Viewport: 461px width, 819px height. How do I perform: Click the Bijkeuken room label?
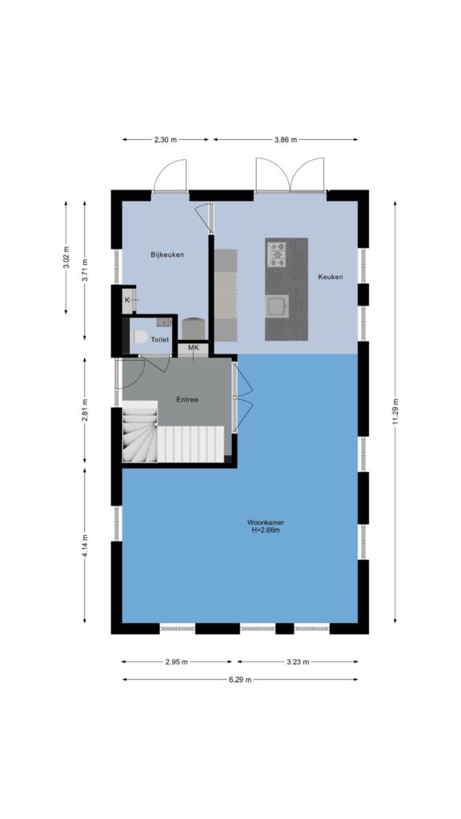pos(167,255)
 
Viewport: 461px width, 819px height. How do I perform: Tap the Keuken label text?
pos(331,277)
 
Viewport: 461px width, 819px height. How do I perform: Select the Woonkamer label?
pos(266,521)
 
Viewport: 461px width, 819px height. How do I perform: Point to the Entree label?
pos(187,400)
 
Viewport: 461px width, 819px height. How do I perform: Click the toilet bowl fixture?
pos(140,337)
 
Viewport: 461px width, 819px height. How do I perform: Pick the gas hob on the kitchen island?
pos(277,254)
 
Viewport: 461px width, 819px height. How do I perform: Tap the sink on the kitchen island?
pos(277,306)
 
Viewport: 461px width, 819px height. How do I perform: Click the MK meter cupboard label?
pos(194,347)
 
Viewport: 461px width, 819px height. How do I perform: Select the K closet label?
pos(127,301)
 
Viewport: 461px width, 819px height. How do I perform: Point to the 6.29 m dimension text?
pos(239,680)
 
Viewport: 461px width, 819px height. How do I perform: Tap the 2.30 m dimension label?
pos(165,139)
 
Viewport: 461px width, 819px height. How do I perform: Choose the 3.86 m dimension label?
pos(286,139)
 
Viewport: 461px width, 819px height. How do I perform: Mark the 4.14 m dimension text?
pos(85,545)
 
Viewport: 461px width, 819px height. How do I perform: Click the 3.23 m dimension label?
pos(298,661)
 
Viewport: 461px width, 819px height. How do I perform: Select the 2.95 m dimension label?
pos(176,661)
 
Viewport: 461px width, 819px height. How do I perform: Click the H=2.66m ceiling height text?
pos(266,530)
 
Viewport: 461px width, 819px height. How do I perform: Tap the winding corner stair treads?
pos(139,432)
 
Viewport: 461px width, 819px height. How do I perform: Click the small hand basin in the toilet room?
pos(163,322)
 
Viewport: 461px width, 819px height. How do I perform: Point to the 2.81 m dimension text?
pos(85,410)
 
